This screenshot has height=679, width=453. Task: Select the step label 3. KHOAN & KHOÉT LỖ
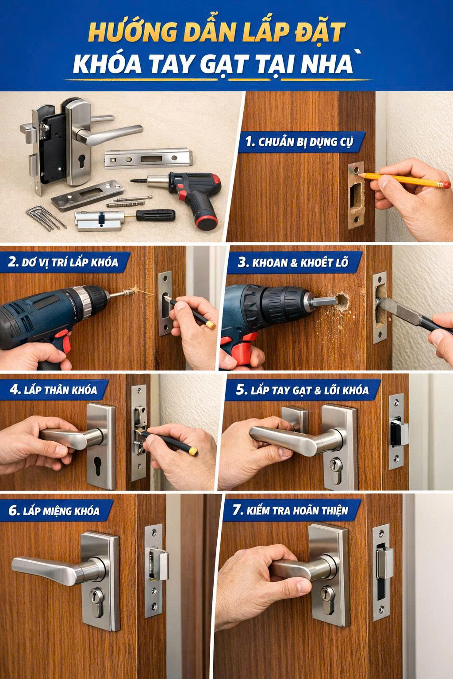coord(293,262)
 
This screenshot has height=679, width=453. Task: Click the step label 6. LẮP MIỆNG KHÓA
coord(54,511)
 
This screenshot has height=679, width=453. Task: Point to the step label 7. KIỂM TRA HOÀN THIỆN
coord(290,510)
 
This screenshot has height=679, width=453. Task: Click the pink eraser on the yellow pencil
coord(444,183)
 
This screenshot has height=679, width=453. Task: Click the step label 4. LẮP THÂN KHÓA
coord(53,390)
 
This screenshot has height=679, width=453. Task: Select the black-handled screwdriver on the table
coord(150,216)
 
